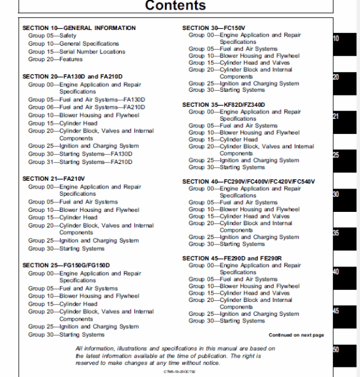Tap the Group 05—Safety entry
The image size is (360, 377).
coord(52,36)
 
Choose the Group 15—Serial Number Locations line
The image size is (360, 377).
coord(77,52)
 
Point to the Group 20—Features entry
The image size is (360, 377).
coord(55,59)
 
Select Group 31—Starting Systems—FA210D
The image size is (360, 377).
coord(80,161)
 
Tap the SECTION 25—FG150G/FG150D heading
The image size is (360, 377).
coord(66,265)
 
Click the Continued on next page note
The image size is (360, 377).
coord(296,335)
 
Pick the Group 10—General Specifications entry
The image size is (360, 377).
coord(73,44)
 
